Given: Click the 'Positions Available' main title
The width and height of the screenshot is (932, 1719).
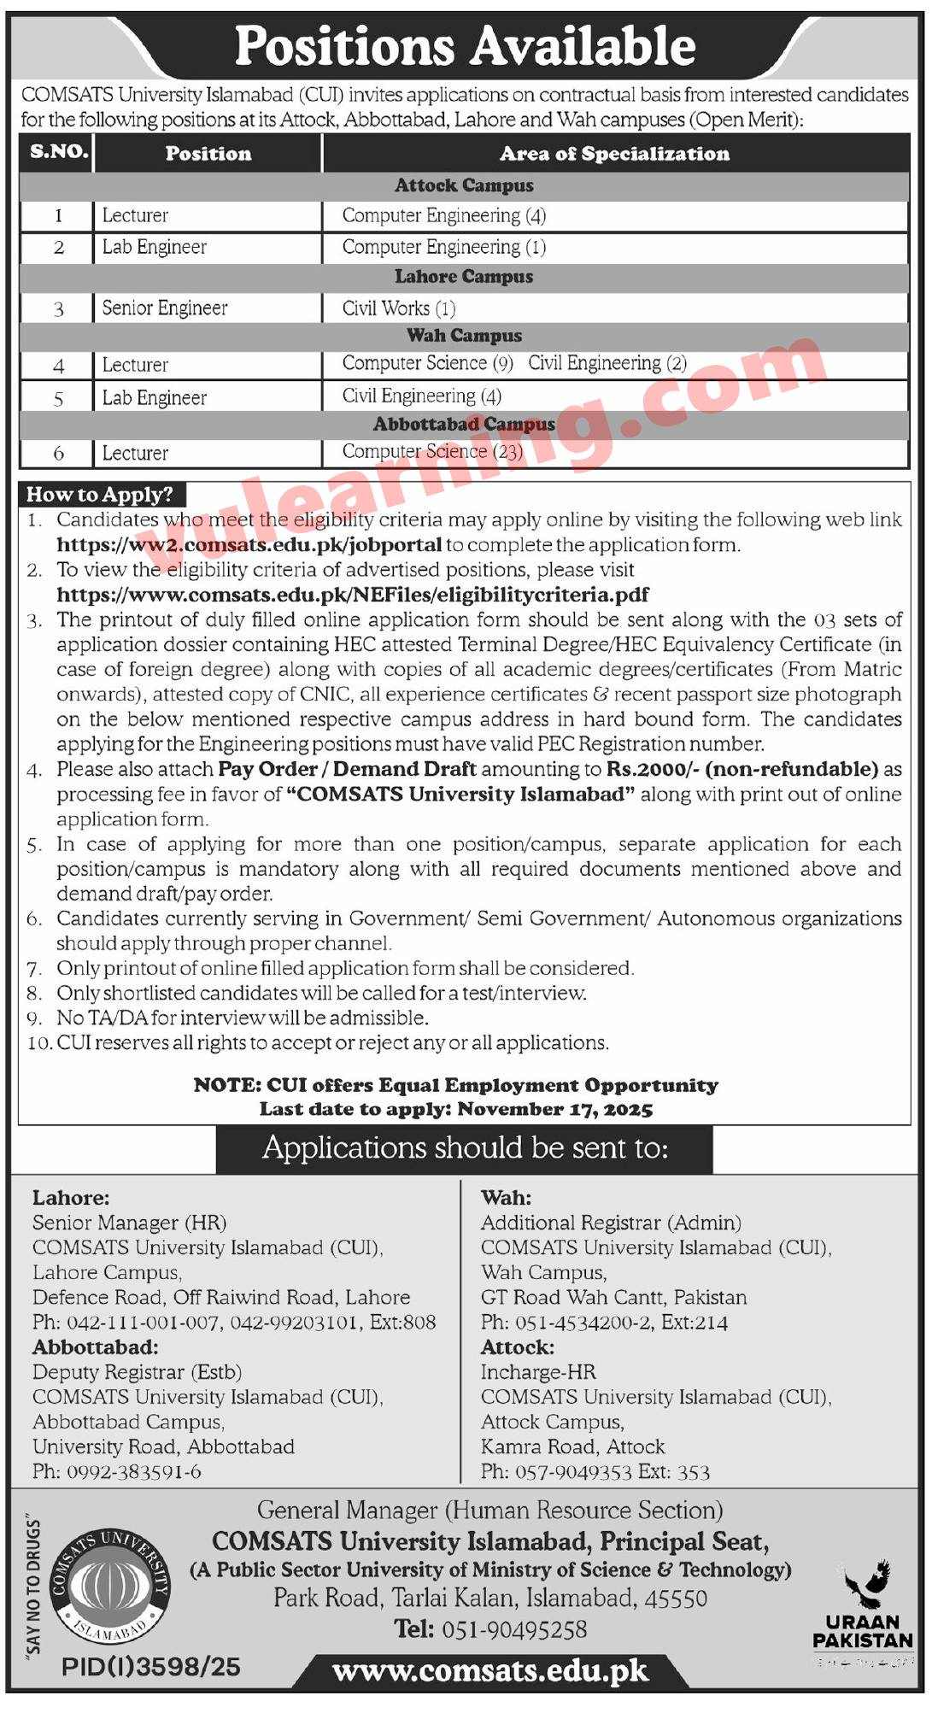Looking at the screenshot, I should click(x=465, y=46).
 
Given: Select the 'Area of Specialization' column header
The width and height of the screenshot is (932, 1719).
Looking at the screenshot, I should click(x=614, y=154).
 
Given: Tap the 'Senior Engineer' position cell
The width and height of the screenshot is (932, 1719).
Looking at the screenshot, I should click(x=165, y=308).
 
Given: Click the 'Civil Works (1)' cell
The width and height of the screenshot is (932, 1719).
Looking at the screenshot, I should click(x=399, y=308).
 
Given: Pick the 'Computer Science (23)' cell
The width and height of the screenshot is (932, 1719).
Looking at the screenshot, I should click(x=432, y=451).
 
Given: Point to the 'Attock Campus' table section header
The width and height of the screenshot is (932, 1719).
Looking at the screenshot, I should click(x=464, y=185).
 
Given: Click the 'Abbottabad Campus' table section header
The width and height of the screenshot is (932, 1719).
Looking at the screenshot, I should click(x=464, y=424).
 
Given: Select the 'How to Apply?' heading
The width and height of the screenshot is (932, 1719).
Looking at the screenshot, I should click(x=100, y=495).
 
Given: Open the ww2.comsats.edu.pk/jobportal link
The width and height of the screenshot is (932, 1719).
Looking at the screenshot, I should click(x=249, y=544).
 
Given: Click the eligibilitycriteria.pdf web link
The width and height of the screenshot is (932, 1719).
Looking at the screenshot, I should click(x=353, y=594).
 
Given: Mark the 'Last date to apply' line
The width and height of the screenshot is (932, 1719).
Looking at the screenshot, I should click(x=456, y=1109).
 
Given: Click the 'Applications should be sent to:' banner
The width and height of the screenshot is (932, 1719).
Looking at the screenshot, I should click(x=465, y=1147).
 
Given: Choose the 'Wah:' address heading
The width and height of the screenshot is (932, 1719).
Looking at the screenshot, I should click(x=506, y=1198).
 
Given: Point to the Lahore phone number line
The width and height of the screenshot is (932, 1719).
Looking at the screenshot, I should click(x=234, y=1323).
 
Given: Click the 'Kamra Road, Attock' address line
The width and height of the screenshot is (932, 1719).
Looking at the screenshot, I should click(x=572, y=1446).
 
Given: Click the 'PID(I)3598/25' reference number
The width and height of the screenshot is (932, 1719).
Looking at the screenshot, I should click(x=151, y=1666).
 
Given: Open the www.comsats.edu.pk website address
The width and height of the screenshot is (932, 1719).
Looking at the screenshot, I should click(x=489, y=1671).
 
